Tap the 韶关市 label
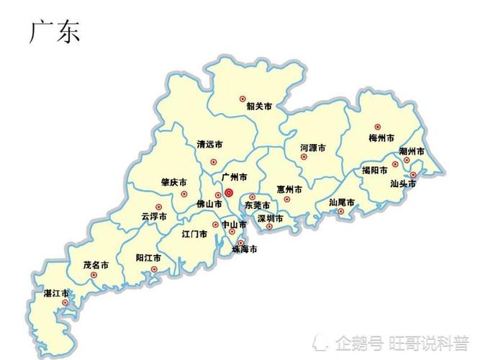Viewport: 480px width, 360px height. coord(259,107)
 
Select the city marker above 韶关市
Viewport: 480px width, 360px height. coord(243,98)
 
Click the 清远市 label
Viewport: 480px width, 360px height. coord(210,144)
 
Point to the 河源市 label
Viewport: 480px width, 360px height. coord(313,148)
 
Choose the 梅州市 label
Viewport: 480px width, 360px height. coord(381,138)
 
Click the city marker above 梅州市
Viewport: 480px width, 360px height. coord(377,127)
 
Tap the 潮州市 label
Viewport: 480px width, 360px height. coord(412,152)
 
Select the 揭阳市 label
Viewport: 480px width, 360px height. coord(374,171)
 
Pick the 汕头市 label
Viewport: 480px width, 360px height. coord(403,184)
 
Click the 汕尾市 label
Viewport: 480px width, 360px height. coord(342,202)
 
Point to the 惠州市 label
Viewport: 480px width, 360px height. coord(289,189)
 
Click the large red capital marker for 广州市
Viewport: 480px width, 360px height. coord(229,193)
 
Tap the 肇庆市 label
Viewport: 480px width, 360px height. coord(173,182)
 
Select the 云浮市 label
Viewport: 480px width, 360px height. coord(154,216)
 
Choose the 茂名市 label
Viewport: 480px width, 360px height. coord(96,264)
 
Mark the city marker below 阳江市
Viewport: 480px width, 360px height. coord(153,271)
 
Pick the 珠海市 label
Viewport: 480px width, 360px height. coord(244,250)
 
